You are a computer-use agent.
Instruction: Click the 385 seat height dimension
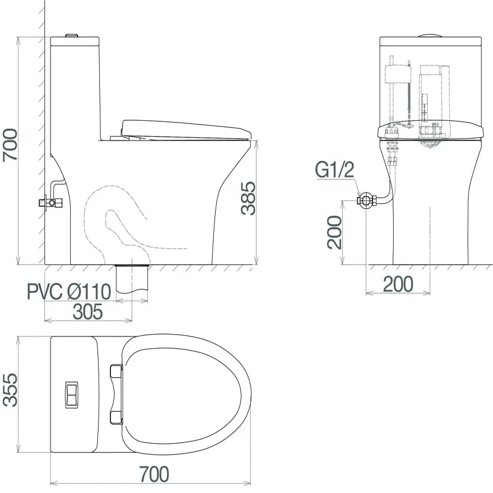click(x=248, y=198)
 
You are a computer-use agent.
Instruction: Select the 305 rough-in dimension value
click(x=88, y=312)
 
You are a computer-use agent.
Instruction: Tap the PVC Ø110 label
click(x=68, y=291)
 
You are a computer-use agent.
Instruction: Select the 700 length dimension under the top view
click(x=152, y=474)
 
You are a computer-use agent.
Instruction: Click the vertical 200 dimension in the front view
click(x=335, y=232)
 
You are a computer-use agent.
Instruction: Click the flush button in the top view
click(x=72, y=394)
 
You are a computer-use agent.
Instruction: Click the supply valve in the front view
click(x=365, y=200)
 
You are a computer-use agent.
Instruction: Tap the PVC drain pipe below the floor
click(x=132, y=279)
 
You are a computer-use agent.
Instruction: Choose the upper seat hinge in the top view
click(x=115, y=370)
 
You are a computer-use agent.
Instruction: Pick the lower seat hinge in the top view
click(x=115, y=418)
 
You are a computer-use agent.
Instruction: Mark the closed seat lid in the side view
click(x=185, y=129)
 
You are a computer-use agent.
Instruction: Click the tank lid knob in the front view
click(x=430, y=35)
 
